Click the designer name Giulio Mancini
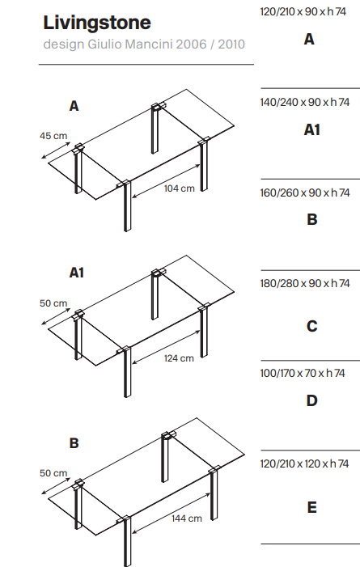[x=129, y=44]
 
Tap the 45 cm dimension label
[x=53, y=136]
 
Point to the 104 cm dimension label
[x=179, y=188]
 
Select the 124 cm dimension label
[x=179, y=358]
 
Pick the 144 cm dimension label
[x=187, y=518]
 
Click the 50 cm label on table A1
[x=53, y=303]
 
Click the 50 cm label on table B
[x=53, y=473]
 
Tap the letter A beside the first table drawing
[x=74, y=106]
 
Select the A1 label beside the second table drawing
[x=76, y=273]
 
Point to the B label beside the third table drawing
[x=74, y=443]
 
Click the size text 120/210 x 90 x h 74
[x=303, y=11]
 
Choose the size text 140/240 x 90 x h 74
[x=305, y=103]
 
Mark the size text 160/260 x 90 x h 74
[x=305, y=193]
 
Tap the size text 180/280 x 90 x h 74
[x=305, y=283]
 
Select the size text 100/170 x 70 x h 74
[x=303, y=373]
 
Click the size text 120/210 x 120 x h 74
[x=304, y=463]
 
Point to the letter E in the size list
[x=312, y=507]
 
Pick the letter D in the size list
[x=312, y=400]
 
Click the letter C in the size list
[x=312, y=326]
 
